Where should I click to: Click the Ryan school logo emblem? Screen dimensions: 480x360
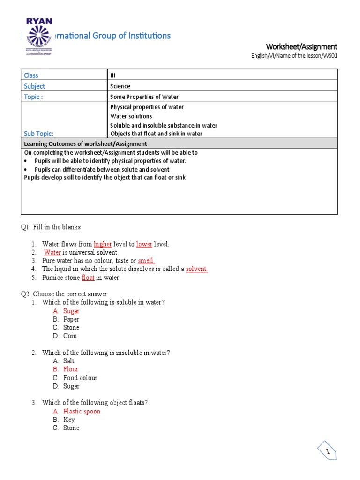click(x=39, y=36)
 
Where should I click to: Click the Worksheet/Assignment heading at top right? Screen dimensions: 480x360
click(x=301, y=46)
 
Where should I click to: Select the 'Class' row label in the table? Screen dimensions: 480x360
click(x=31, y=75)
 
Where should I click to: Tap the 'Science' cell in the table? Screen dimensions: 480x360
click(x=120, y=86)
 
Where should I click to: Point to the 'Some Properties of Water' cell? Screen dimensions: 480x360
click(x=144, y=97)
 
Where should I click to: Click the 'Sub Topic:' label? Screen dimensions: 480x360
click(x=39, y=134)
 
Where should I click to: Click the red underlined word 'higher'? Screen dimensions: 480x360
click(x=103, y=244)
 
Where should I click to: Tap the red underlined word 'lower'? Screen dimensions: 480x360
click(x=144, y=244)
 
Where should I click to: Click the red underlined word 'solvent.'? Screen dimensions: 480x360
click(x=197, y=269)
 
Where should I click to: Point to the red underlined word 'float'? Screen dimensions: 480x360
click(x=88, y=277)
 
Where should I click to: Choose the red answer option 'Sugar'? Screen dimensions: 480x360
click(x=72, y=311)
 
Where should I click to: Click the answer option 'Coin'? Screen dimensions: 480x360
click(x=70, y=336)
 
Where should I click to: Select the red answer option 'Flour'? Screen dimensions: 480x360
click(x=71, y=369)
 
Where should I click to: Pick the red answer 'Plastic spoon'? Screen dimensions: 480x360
click(x=82, y=412)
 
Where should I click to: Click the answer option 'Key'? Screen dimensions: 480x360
click(x=69, y=420)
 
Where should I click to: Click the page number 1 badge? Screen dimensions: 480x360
click(x=328, y=452)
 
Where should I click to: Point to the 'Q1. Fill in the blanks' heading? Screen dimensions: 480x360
click(x=51, y=227)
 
